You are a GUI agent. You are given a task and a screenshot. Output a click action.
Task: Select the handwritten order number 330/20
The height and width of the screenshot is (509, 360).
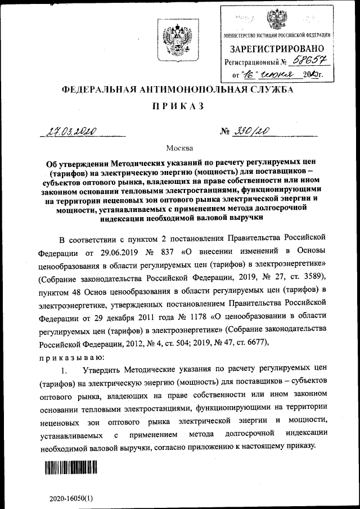tap(251, 132)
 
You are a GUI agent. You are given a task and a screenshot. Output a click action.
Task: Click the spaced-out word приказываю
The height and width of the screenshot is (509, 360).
tap(70, 358)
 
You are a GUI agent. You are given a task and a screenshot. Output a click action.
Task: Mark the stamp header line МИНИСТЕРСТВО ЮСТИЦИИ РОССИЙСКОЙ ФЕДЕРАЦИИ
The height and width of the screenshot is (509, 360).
tap(276, 35)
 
